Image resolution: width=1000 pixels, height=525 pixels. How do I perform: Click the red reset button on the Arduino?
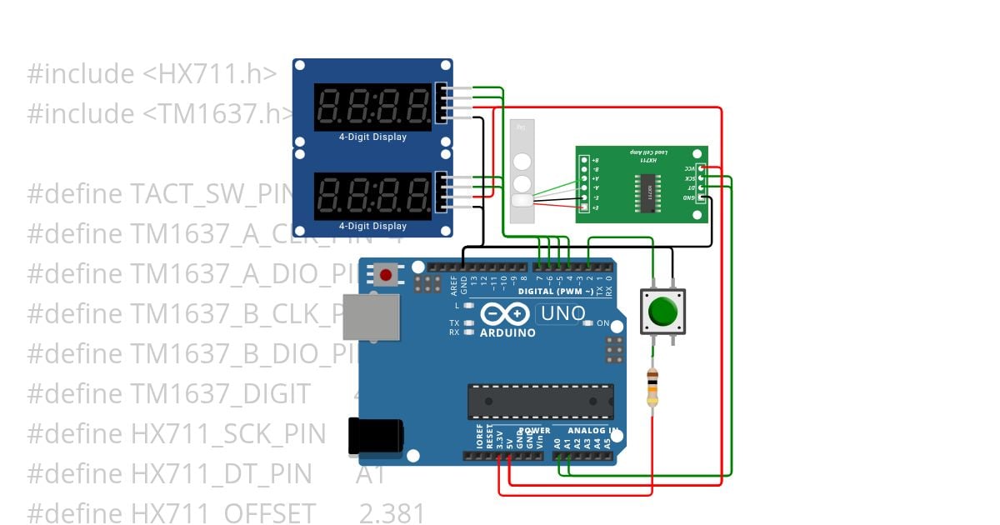[x=385, y=275]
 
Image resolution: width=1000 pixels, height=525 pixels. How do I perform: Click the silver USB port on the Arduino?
[x=372, y=318]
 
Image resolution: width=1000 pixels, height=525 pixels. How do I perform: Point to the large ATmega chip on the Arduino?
[x=540, y=400]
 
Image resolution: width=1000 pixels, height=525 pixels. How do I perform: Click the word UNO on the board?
[x=562, y=314]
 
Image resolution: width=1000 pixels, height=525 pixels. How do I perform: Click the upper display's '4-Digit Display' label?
[x=372, y=137]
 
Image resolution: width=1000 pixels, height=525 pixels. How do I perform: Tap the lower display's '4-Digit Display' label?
[x=372, y=226]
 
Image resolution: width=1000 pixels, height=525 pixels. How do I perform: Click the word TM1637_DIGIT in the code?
[x=221, y=393]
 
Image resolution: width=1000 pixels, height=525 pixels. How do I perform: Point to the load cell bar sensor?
[x=521, y=172]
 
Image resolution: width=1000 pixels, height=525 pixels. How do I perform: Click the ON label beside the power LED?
[x=603, y=323]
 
